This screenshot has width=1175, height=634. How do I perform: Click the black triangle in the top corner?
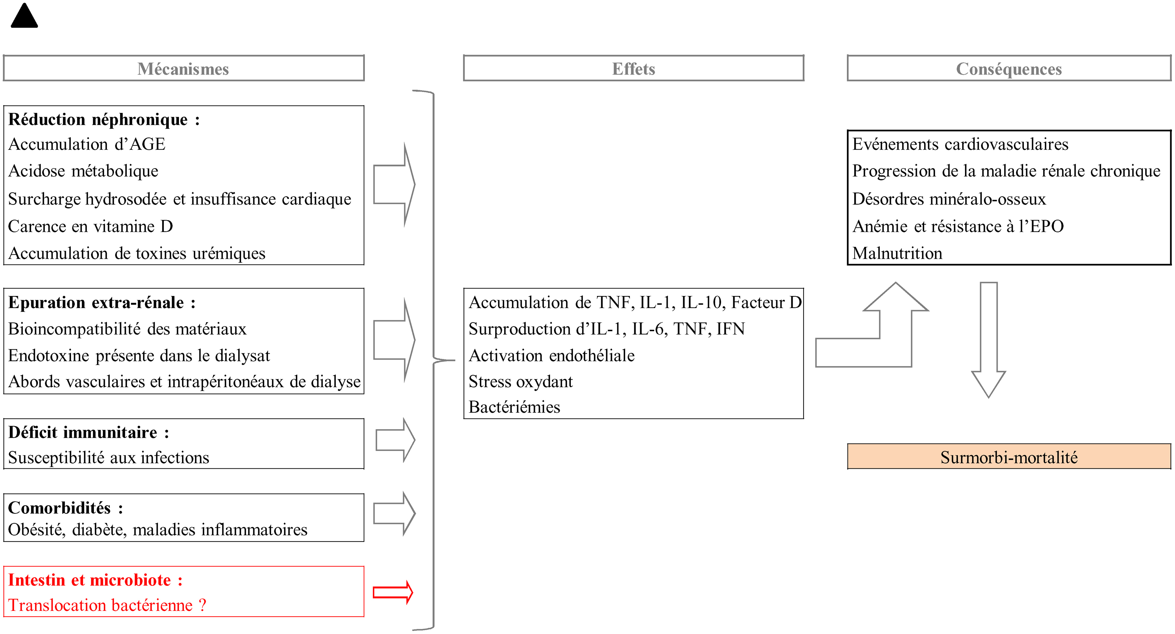click(24, 16)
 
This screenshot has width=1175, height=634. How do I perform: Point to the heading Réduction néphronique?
click(104, 119)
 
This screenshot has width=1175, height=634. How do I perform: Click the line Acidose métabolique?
click(84, 171)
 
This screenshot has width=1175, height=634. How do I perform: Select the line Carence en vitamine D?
click(90, 226)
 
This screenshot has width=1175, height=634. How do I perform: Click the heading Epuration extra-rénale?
click(102, 302)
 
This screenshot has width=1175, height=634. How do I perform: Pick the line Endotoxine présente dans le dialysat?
click(139, 355)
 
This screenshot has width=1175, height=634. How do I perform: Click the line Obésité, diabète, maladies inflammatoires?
click(158, 530)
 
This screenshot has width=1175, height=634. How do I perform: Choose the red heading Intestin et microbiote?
click(95, 580)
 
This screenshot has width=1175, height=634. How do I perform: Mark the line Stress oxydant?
click(521, 381)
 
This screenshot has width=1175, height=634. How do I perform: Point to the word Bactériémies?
click(514, 407)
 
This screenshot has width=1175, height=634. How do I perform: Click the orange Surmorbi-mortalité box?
click(1009, 456)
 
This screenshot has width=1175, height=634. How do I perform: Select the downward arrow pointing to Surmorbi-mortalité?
click(989, 340)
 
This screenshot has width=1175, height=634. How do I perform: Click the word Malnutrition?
click(897, 253)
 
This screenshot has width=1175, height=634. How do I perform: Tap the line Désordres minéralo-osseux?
click(949, 199)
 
